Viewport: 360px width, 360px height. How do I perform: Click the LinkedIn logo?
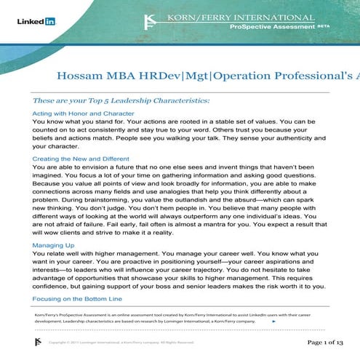[x=36, y=22]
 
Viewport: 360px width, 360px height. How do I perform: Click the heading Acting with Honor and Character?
[x=84, y=113]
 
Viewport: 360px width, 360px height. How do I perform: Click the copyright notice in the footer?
[x=121, y=342]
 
